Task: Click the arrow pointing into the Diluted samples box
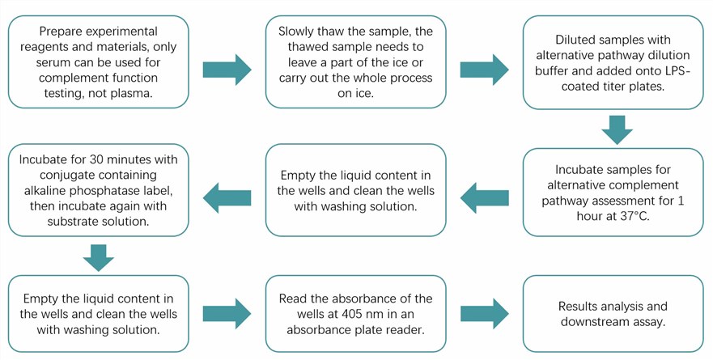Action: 485,70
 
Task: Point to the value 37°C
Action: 632,217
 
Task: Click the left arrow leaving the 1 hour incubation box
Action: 485,193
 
